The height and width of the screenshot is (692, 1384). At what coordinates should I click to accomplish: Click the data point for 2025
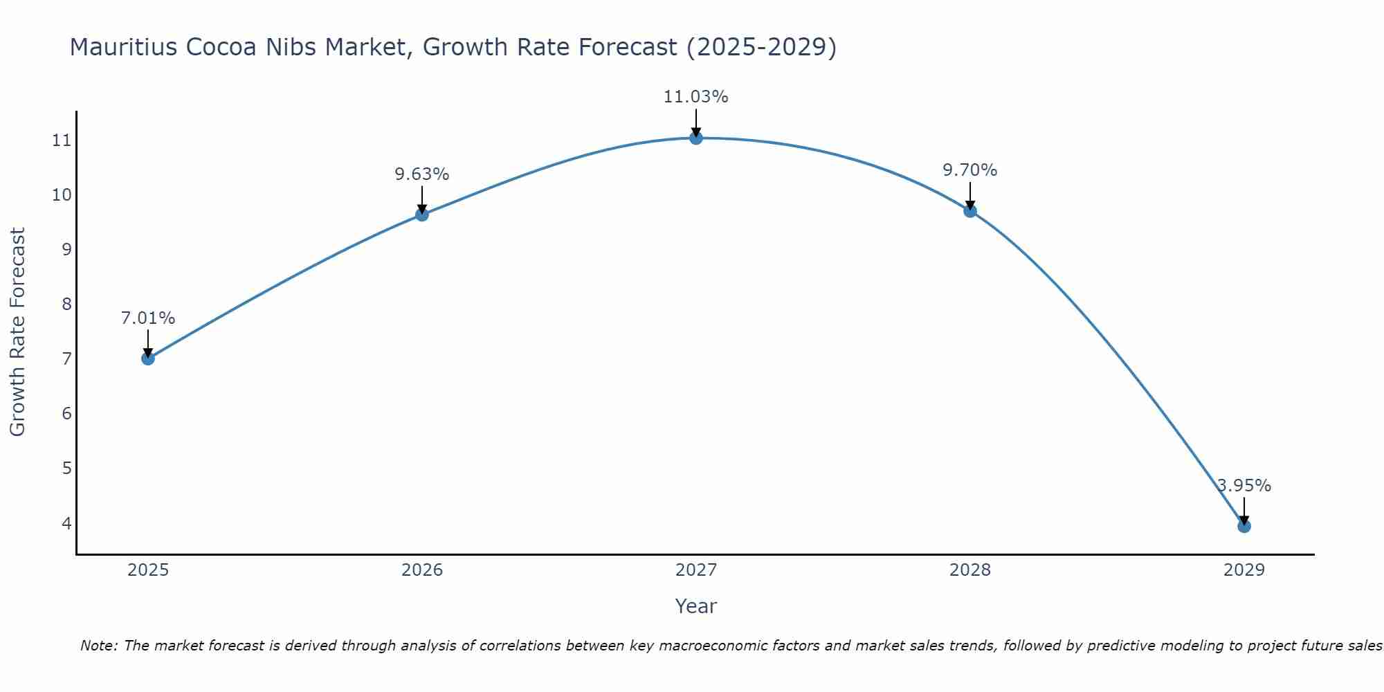(148, 358)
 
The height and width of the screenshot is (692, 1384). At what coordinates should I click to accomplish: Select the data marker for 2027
(696, 138)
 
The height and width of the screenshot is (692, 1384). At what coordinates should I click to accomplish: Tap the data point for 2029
(1244, 527)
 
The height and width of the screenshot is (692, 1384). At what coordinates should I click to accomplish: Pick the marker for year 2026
(422, 215)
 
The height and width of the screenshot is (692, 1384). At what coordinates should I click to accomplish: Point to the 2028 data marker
(970, 211)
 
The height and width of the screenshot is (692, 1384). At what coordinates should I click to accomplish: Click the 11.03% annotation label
(696, 97)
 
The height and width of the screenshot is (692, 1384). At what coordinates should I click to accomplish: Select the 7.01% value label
(148, 318)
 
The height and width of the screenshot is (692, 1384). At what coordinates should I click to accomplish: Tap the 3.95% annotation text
(1244, 486)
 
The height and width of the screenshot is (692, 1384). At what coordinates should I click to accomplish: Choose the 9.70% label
(970, 170)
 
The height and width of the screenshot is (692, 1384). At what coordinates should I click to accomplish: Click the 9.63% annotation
(422, 174)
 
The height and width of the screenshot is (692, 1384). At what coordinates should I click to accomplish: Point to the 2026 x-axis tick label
(422, 570)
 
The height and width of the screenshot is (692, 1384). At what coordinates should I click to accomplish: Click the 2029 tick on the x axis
(1244, 570)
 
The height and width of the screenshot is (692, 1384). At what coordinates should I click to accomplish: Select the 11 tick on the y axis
(62, 140)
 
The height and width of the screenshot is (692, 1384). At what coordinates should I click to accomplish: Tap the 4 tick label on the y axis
(66, 523)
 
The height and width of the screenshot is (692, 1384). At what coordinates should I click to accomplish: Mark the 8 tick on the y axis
(66, 304)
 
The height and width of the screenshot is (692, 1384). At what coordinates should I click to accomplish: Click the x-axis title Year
(696, 606)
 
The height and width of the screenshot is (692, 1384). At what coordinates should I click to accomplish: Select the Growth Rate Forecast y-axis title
(18, 332)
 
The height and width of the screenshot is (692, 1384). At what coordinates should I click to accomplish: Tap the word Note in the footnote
(99, 646)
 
